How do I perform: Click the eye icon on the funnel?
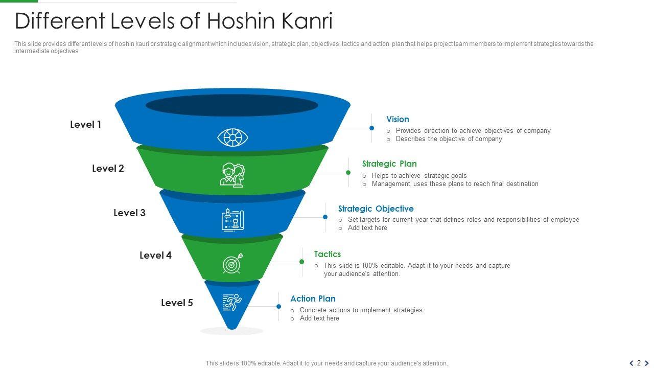(x=232, y=137)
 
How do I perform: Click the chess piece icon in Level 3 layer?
(x=232, y=220)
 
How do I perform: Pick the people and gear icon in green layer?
(x=232, y=175)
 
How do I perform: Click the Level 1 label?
(x=85, y=124)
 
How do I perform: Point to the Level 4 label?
(x=155, y=255)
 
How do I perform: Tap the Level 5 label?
(x=177, y=303)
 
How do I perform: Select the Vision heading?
(x=398, y=119)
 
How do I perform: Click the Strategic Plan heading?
(x=389, y=164)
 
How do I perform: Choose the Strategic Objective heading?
(x=376, y=209)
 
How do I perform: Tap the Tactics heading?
(x=327, y=254)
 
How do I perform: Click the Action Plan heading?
(x=313, y=298)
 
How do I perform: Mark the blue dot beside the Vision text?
(x=372, y=128)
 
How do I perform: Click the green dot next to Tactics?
(x=302, y=262)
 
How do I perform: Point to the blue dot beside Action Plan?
(x=278, y=307)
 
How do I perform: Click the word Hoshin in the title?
(x=239, y=21)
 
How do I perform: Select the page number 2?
(x=639, y=363)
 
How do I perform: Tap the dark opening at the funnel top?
(x=232, y=106)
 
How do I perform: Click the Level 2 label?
(x=108, y=168)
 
